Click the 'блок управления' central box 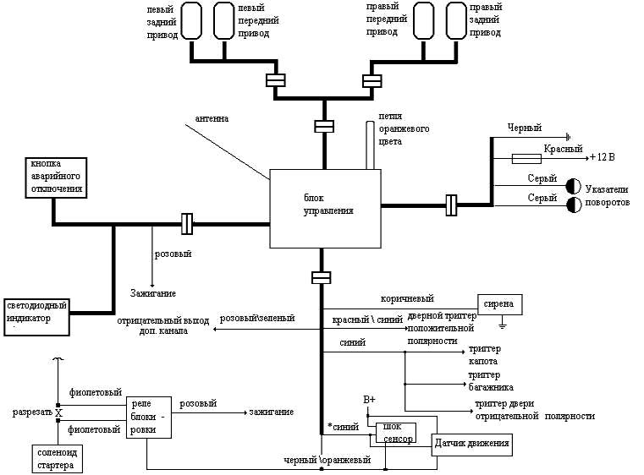[324, 209]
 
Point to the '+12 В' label [605, 158]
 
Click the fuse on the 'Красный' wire [528, 158]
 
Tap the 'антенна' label [212, 119]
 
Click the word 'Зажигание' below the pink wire [152, 293]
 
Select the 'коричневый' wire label [407, 298]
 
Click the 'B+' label [369, 399]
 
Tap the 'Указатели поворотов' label [607, 197]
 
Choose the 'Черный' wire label [524, 128]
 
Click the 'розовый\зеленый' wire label [256, 319]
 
